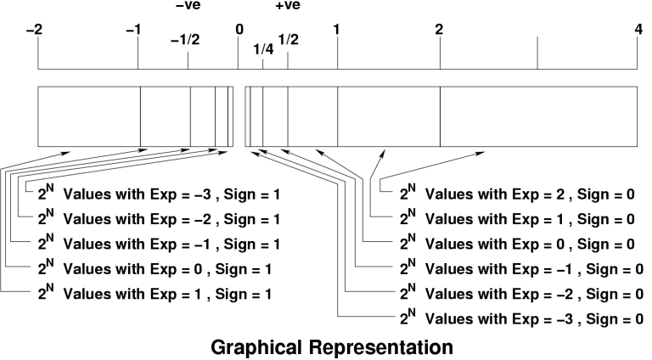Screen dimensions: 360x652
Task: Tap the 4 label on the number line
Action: (x=638, y=29)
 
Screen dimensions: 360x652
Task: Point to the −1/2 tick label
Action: (x=184, y=41)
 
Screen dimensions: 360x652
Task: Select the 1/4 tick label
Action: (x=263, y=49)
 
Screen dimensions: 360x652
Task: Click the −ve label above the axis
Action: (x=187, y=7)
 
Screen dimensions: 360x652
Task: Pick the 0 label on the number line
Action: (x=239, y=29)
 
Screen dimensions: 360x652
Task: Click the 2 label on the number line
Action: (x=439, y=29)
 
